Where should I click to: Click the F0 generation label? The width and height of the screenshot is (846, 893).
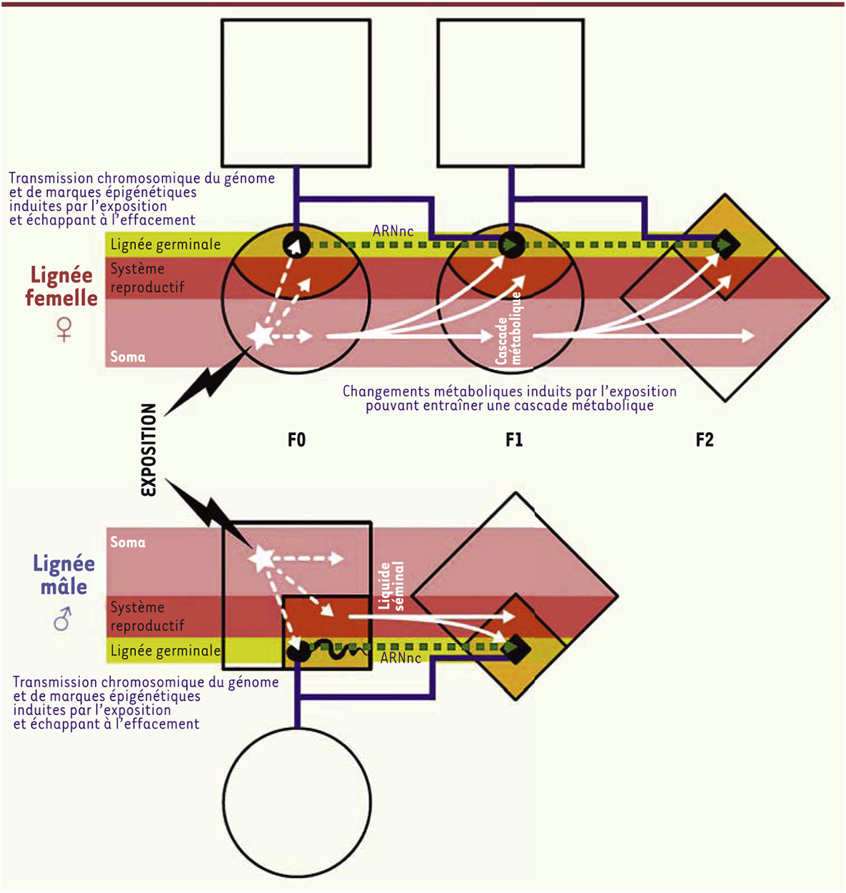[x=296, y=439]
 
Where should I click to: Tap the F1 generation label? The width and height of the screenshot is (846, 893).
[x=514, y=439]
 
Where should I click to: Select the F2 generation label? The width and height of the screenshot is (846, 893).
[x=705, y=439]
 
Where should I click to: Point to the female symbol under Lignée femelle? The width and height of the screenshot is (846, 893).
[x=64, y=329]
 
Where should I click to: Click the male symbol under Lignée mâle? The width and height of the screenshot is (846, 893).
[x=63, y=619]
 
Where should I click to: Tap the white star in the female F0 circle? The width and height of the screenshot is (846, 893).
[x=261, y=336]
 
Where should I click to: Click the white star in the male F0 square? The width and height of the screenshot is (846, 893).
[x=263, y=558]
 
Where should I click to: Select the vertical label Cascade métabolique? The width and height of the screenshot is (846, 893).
[x=508, y=329]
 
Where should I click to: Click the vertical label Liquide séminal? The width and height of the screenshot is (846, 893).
[x=391, y=586]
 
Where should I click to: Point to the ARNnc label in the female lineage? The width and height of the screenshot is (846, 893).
[x=393, y=231]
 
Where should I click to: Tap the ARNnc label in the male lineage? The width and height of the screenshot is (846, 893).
[x=401, y=658]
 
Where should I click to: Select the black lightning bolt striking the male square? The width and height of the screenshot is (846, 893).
[x=209, y=513]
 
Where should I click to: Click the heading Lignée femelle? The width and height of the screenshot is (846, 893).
[x=61, y=286]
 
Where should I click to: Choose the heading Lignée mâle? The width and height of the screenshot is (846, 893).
[x=64, y=574]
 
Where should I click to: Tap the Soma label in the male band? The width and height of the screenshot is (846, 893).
[x=128, y=542]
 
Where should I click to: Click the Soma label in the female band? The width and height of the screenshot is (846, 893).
[x=128, y=356]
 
